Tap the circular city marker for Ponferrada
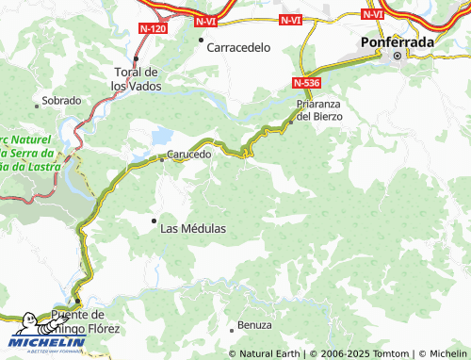point(398,56)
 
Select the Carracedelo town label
point(239,46)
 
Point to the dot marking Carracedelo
point(201,40)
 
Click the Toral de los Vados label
point(136,79)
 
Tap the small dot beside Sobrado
point(37,101)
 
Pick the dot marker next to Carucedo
point(162,159)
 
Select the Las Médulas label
point(193,228)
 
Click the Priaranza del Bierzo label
point(319,109)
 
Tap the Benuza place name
point(254,325)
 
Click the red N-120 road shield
point(152,30)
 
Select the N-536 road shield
point(305,83)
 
